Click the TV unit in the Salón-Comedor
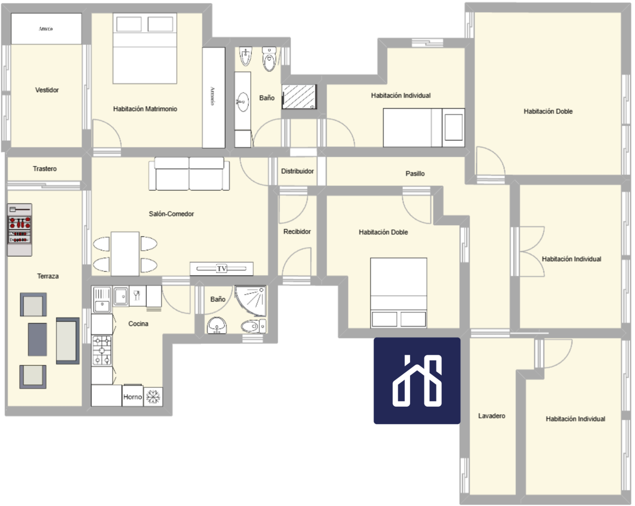pyautogui.click(x=221, y=269)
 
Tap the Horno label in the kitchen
pyautogui.click(x=132, y=397)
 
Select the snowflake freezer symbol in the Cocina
pyautogui.click(x=153, y=397)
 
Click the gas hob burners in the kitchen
pyautogui.click(x=102, y=351)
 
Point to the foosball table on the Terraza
pyautogui.click(x=20, y=229)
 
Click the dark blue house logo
pyautogui.click(x=417, y=381)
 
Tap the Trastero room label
pyautogui.click(x=44, y=169)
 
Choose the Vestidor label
pyautogui.click(x=47, y=90)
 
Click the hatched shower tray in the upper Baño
pyautogui.click(x=299, y=97)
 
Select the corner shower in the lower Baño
pyautogui.click(x=250, y=300)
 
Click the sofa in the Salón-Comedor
pyautogui.click(x=189, y=173)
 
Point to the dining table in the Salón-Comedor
pyautogui.click(x=125, y=254)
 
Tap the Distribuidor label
pyautogui.click(x=297, y=171)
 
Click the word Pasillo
pyautogui.click(x=415, y=173)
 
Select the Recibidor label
pyautogui.click(x=297, y=232)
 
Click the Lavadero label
pyautogui.click(x=492, y=416)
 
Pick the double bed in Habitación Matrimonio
pyautogui.click(x=145, y=48)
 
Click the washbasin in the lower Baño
pyautogui.click(x=217, y=325)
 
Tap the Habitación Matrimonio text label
pyautogui.click(x=145, y=109)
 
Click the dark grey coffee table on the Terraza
pyautogui.click(x=38, y=339)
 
